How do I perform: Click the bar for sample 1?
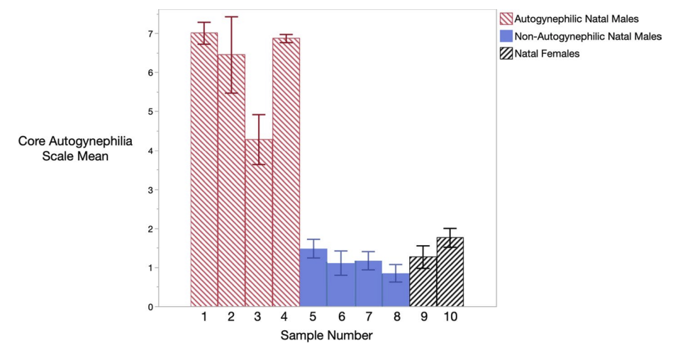[x=204, y=170]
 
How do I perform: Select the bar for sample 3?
[x=259, y=223]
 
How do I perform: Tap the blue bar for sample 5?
[x=313, y=278]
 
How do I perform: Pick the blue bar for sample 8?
[x=396, y=290]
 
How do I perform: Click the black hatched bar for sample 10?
[x=450, y=272]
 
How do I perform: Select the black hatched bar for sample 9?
[x=423, y=281]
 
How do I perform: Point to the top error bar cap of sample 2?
[x=232, y=16]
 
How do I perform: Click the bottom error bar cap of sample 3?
[x=259, y=164]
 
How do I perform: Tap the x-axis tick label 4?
[x=285, y=317]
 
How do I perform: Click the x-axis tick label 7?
[x=369, y=317]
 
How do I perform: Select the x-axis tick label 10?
[x=450, y=317]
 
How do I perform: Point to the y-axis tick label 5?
[x=150, y=112]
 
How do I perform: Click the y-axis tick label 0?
[x=150, y=307]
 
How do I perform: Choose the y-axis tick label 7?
[x=150, y=33]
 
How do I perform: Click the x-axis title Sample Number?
[x=326, y=336]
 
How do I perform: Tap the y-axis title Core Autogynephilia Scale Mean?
[x=75, y=148]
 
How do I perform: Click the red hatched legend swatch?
[x=506, y=18]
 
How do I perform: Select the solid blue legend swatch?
[x=506, y=35]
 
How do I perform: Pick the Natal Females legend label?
[x=547, y=54]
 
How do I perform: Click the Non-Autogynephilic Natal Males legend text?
[x=588, y=36]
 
